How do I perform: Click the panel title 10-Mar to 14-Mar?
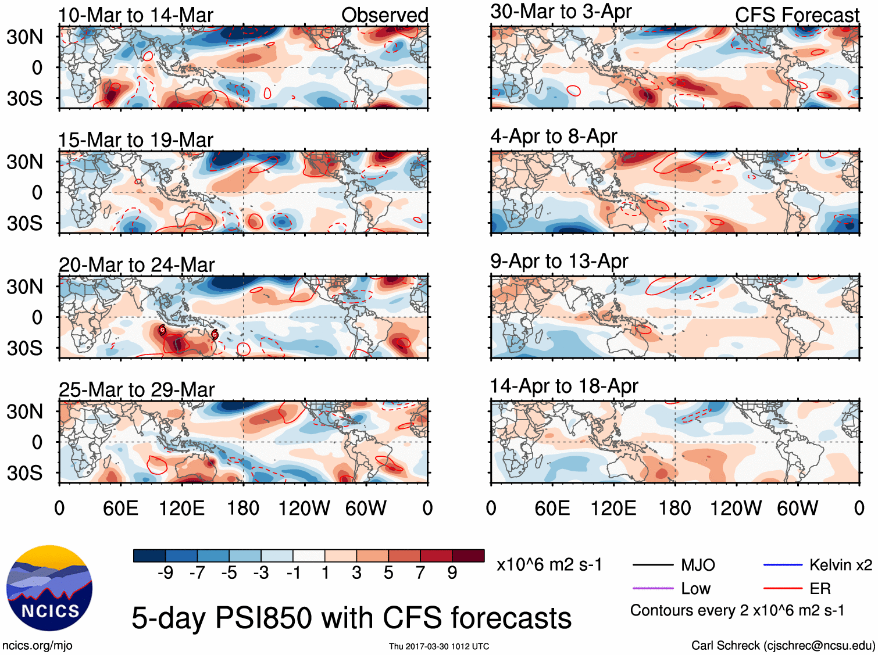pos(135,15)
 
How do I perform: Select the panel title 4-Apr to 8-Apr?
pos(554,136)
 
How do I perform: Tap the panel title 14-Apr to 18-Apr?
pos(564,386)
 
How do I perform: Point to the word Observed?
pos(384,15)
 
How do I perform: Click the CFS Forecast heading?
pos(797,15)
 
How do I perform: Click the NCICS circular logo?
pos(49,588)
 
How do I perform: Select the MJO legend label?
pos(698,565)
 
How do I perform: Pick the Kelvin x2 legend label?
pos(840,565)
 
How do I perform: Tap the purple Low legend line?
pos(653,589)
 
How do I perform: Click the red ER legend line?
pos(783,589)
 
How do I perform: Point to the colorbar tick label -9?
pos(166,573)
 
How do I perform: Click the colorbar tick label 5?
pos(388,573)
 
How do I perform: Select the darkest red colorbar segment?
pos(468,556)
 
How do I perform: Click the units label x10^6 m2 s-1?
pos(549,564)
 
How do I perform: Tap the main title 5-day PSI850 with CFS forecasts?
pos(351,618)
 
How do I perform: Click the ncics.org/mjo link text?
pos(37,645)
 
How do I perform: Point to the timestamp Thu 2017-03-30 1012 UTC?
pos(439,646)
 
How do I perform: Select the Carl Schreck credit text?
pos(783,645)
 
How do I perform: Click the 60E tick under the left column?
pos(120,509)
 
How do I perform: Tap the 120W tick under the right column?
pos(736,509)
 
